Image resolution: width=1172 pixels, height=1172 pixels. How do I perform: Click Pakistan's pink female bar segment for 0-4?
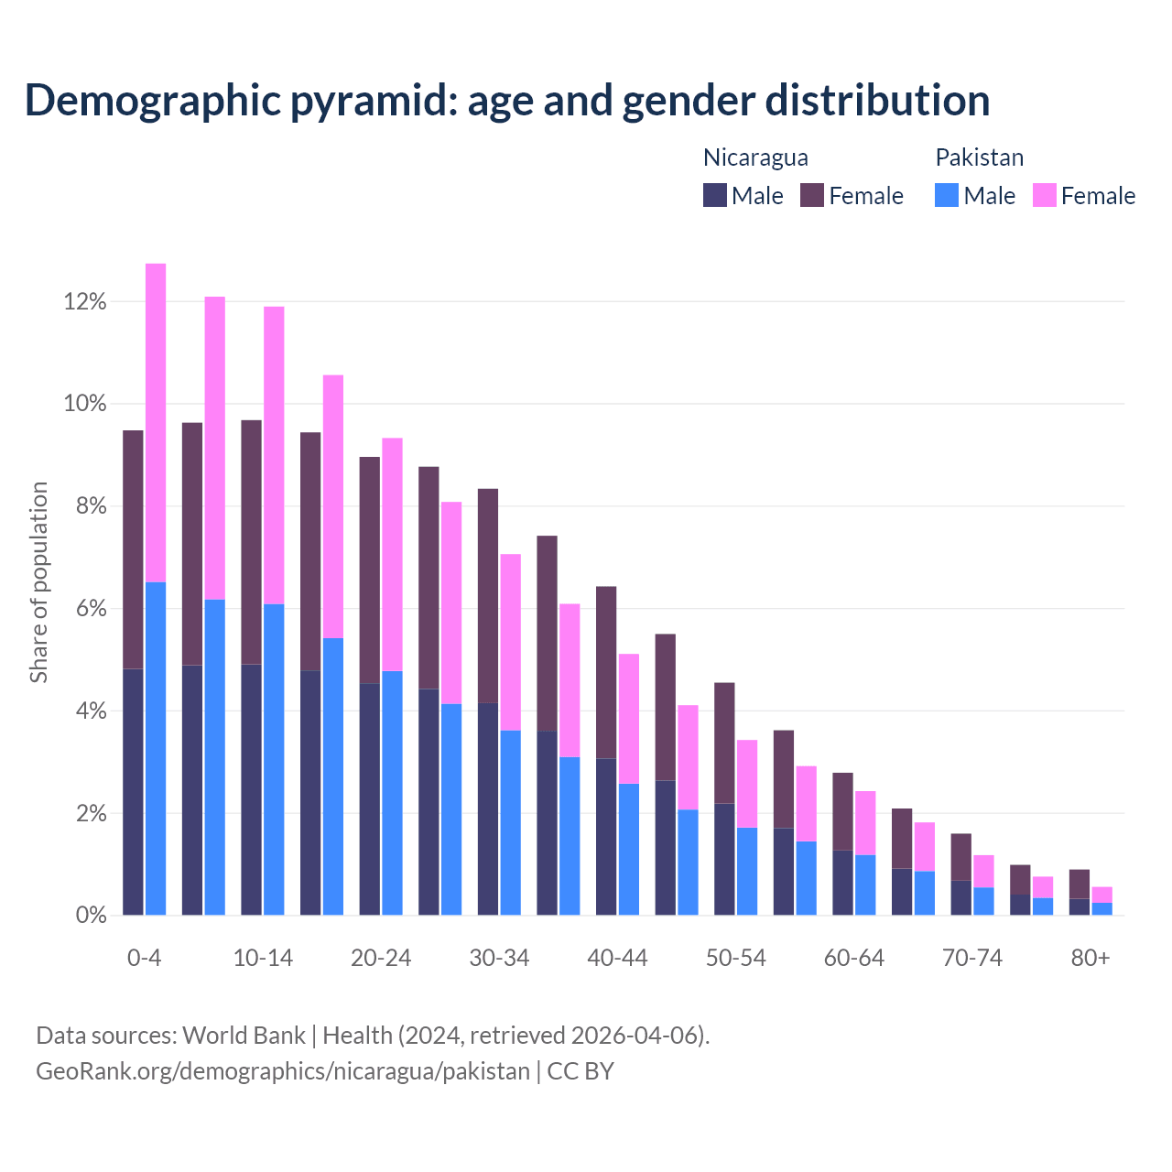coord(156,422)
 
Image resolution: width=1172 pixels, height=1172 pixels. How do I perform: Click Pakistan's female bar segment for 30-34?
coord(511,642)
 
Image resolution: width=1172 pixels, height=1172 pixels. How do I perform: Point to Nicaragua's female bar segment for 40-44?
coord(606,672)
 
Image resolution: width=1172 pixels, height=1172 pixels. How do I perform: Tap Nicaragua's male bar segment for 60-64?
coord(842,883)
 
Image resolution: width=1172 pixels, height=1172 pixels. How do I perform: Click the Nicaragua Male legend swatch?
coord(715,195)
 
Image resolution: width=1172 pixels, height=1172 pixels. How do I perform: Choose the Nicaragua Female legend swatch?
coord(812,195)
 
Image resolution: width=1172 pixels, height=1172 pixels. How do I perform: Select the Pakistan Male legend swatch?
coord(947,195)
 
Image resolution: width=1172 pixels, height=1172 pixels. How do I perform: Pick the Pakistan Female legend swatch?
coord(1044,195)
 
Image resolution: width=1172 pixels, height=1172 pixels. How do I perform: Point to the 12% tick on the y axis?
coord(85,301)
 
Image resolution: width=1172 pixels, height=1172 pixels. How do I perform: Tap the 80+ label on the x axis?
coord(1091,958)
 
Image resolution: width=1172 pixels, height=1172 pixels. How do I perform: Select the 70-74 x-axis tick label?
coord(972,958)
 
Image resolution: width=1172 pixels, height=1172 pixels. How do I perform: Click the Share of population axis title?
coord(38,582)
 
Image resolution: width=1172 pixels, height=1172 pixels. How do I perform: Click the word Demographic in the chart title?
coord(152,101)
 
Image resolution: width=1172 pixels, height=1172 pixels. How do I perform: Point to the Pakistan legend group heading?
coord(979,157)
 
